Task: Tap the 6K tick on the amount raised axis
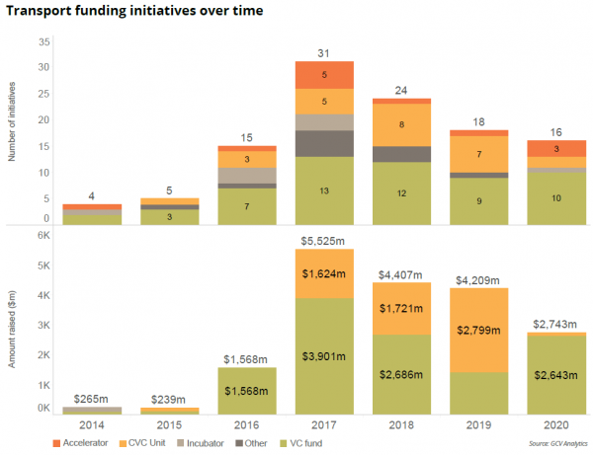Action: pyautogui.click(x=43, y=235)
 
